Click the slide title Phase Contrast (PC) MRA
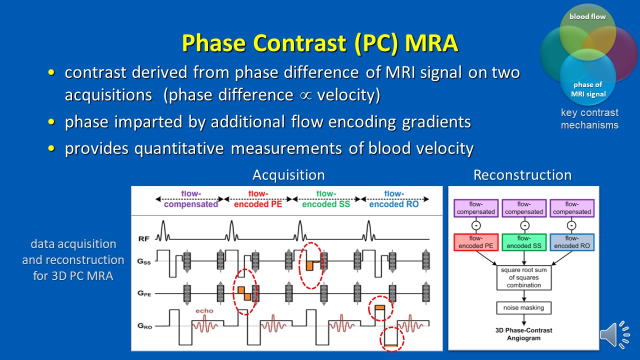319,43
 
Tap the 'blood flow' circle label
587,16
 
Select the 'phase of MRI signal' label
588,89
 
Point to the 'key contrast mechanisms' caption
589,119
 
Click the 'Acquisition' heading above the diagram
288,175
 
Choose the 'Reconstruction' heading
522,175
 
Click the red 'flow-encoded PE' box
475,242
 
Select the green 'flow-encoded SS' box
523,242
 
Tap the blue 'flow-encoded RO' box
572,242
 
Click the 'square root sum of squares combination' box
523,277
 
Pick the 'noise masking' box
523,307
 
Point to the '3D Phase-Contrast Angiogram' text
523,334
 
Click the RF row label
143,239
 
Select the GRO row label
144,326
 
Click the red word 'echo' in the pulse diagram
204,310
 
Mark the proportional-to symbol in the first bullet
301,95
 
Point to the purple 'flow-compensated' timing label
191,199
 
